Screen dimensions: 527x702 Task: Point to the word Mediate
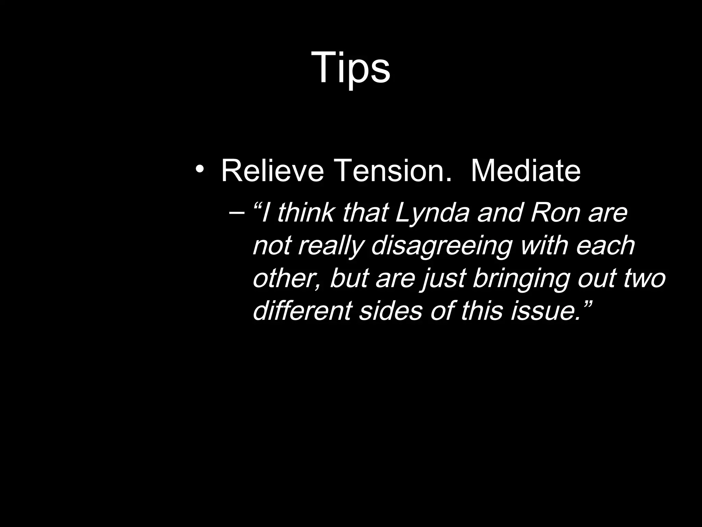click(x=525, y=171)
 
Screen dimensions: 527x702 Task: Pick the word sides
click(x=390, y=311)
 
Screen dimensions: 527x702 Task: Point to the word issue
click(x=545, y=311)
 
